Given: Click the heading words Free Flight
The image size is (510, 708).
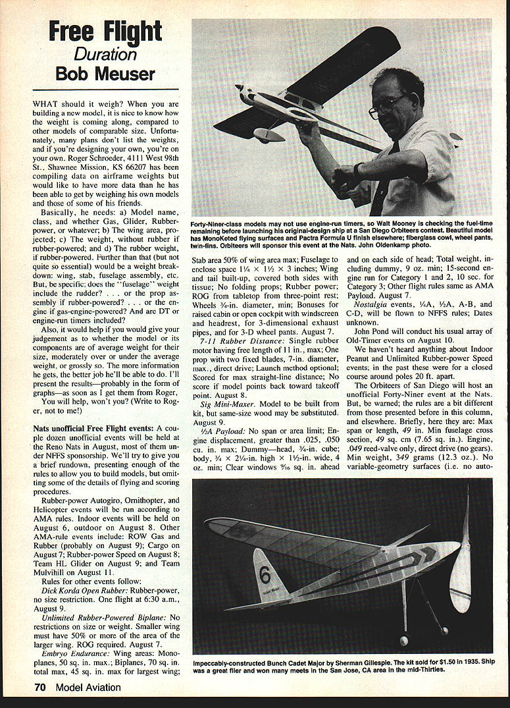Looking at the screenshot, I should [105, 32].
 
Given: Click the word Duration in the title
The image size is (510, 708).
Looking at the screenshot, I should [105, 53].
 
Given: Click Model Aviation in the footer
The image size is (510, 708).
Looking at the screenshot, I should [88, 688].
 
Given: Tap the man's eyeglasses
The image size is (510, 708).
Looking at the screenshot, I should [388, 105].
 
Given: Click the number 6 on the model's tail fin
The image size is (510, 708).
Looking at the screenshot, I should [265, 575].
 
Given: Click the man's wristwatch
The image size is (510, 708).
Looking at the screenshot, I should [357, 171].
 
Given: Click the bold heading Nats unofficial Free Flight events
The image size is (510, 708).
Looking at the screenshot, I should [93, 429].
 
